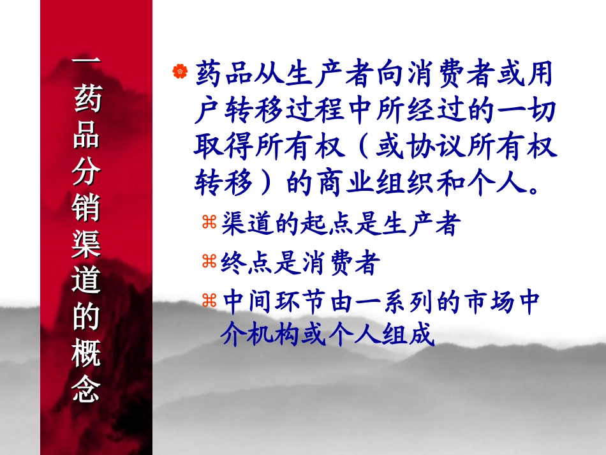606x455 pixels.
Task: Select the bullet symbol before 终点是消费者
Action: tap(210, 260)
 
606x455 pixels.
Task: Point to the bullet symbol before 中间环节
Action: tap(210, 300)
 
